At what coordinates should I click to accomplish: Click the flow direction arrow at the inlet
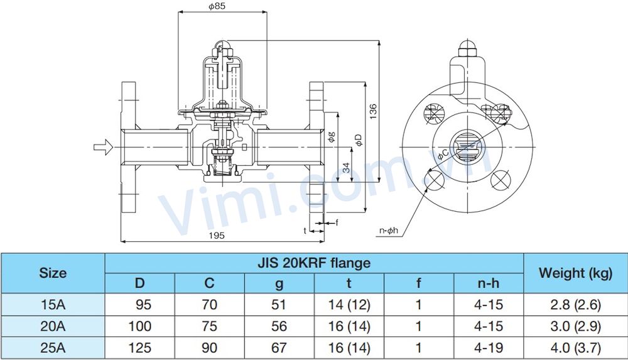tap(101, 148)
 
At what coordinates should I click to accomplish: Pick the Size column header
tap(53, 273)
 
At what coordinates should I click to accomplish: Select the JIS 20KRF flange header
tap(314, 263)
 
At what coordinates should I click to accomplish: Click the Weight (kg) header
tap(575, 273)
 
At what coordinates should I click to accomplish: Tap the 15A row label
tap(53, 305)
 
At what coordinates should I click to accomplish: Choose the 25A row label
tap(53, 347)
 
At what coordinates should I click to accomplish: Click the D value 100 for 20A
tap(139, 326)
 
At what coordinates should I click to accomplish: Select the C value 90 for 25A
tap(210, 347)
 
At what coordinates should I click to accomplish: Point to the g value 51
tap(279, 305)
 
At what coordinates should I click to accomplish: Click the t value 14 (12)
tap(349, 305)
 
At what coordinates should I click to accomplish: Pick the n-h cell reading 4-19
tap(489, 347)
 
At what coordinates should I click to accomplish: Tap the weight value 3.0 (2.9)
tap(575, 326)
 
